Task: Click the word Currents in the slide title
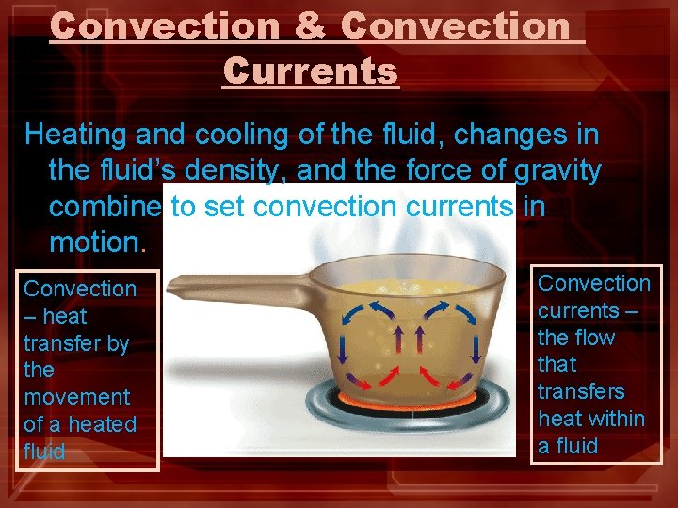coord(311,71)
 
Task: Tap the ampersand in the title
coord(310,25)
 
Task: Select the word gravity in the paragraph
coord(557,171)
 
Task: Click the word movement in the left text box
coord(77,398)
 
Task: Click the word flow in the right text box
coord(594,337)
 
